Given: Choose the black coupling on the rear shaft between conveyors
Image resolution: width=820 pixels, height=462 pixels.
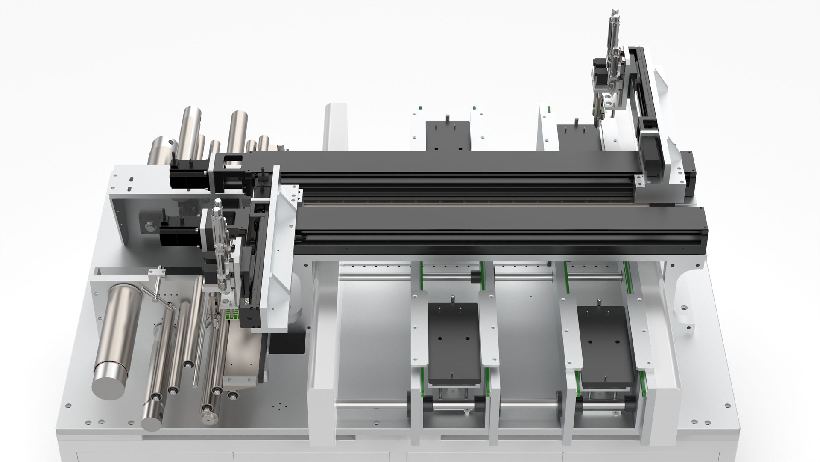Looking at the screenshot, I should [474, 277].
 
